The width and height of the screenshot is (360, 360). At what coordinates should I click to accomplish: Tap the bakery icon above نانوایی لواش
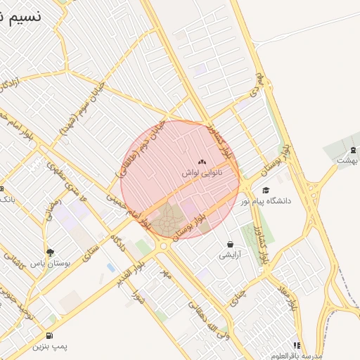click(x=202, y=162)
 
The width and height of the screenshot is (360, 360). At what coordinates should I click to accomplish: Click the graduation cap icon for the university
click(x=265, y=190)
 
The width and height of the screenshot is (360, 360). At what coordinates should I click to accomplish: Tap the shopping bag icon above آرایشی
click(x=230, y=244)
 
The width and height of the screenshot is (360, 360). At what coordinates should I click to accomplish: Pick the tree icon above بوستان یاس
click(x=49, y=252)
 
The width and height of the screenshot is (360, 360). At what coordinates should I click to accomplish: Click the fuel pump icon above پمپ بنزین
click(x=49, y=336)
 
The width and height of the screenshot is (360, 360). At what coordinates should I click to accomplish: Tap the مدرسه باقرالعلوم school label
click(x=299, y=356)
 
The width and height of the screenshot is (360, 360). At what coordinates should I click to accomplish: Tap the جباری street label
click(x=239, y=295)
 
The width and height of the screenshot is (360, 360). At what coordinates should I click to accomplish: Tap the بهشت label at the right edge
click(x=347, y=160)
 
